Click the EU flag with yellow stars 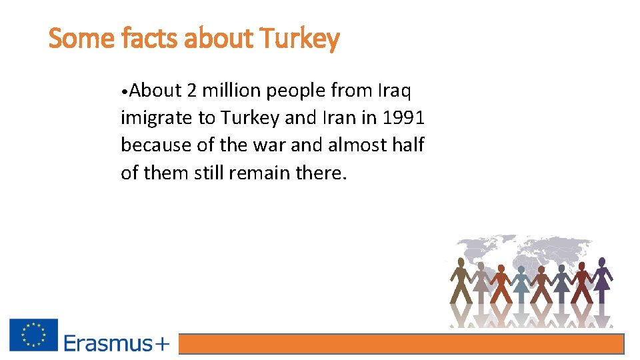(33, 335)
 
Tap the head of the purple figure (602, 262)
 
